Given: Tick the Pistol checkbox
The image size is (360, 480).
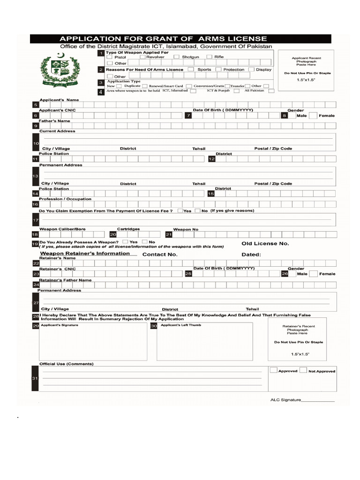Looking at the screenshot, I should click(110, 57).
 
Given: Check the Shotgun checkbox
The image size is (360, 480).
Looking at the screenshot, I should click(177, 57).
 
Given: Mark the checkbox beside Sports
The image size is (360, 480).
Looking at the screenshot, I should click(191, 69).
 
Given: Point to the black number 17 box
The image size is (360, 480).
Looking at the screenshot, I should click(35, 220).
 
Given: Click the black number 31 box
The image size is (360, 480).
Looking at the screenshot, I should click(35, 378).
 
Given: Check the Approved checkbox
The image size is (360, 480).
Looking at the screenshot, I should click(274, 370).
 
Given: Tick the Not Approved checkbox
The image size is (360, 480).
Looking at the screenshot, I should click(303, 370).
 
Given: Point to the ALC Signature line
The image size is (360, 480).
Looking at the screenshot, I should click(317, 401).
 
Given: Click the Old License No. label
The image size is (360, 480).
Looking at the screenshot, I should click(265, 244).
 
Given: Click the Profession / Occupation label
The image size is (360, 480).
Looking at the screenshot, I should click(65, 199).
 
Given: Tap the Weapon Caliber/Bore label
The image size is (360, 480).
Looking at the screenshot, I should click(62, 229).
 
